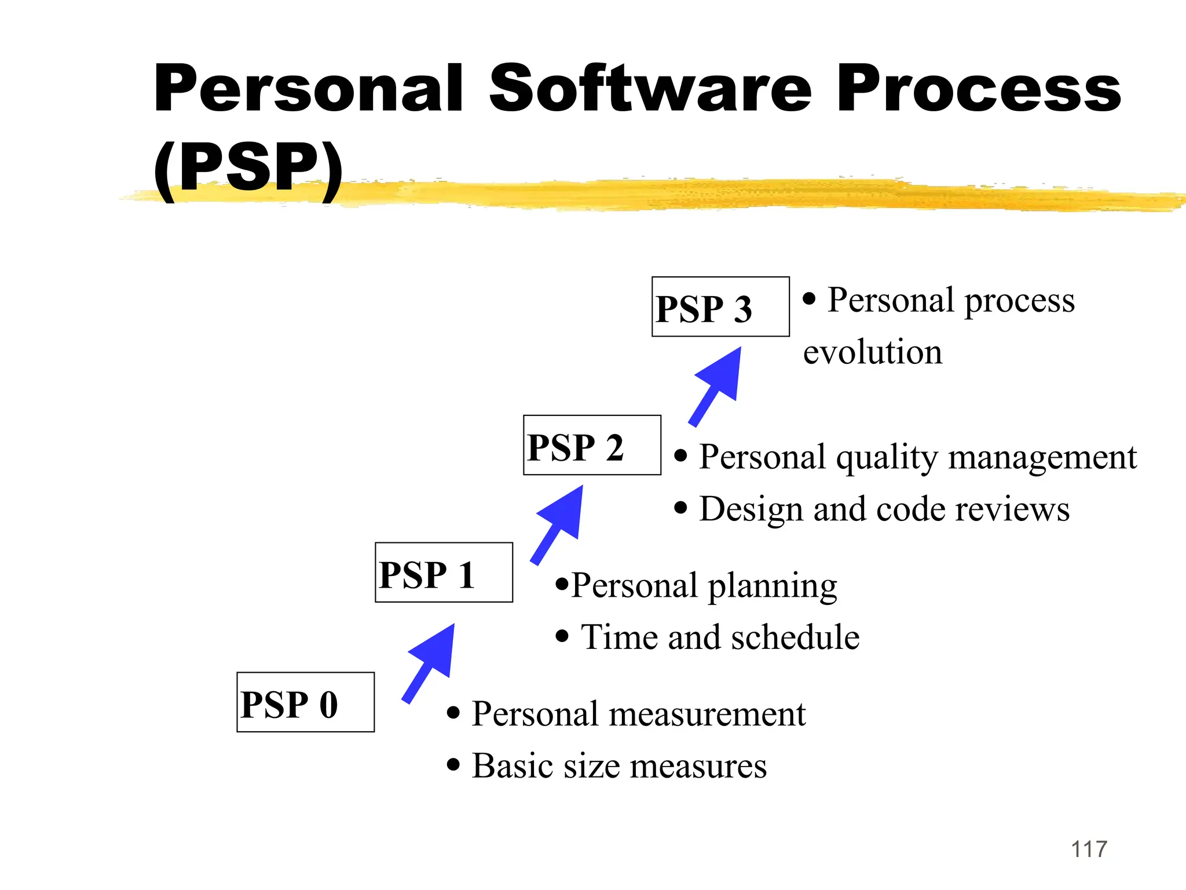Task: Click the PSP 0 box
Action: point(305,702)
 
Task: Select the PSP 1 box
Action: point(444,572)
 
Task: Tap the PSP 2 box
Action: point(592,445)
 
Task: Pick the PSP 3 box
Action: point(720,307)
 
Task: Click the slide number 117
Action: point(1089,849)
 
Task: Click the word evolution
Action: point(872,352)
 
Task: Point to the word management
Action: point(1042,458)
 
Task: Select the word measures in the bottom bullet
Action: point(698,766)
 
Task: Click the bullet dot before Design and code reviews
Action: point(681,508)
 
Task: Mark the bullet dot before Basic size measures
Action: point(453,765)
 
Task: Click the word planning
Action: point(772,586)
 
